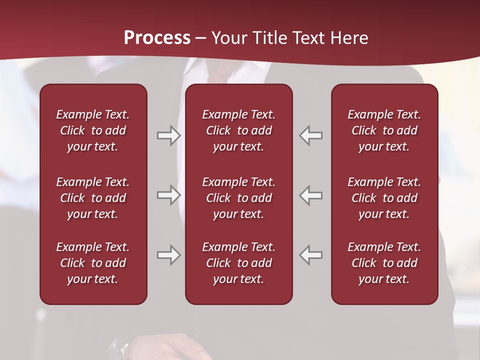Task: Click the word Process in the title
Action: (x=157, y=38)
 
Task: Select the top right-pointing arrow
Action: (x=169, y=135)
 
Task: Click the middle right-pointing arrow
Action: (x=169, y=195)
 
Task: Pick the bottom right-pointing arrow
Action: (x=169, y=255)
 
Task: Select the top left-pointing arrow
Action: (x=311, y=135)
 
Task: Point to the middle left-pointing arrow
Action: (x=311, y=195)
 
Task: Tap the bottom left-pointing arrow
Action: (x=311, y=255)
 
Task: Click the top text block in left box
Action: (x=93, y=130)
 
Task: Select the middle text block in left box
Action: (x=93, y=198)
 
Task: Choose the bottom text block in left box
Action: (x=93, y=263)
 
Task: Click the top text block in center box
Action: (x=238, y=130)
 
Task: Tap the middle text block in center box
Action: (x=238, y=198)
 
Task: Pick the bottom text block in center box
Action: (x=238, y=263)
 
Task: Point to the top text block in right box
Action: (x=384, y=130)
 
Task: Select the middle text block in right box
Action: (x=384, y=198)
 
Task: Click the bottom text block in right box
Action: (x=384, y=263)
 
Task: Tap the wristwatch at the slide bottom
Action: (x=120, y=349)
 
